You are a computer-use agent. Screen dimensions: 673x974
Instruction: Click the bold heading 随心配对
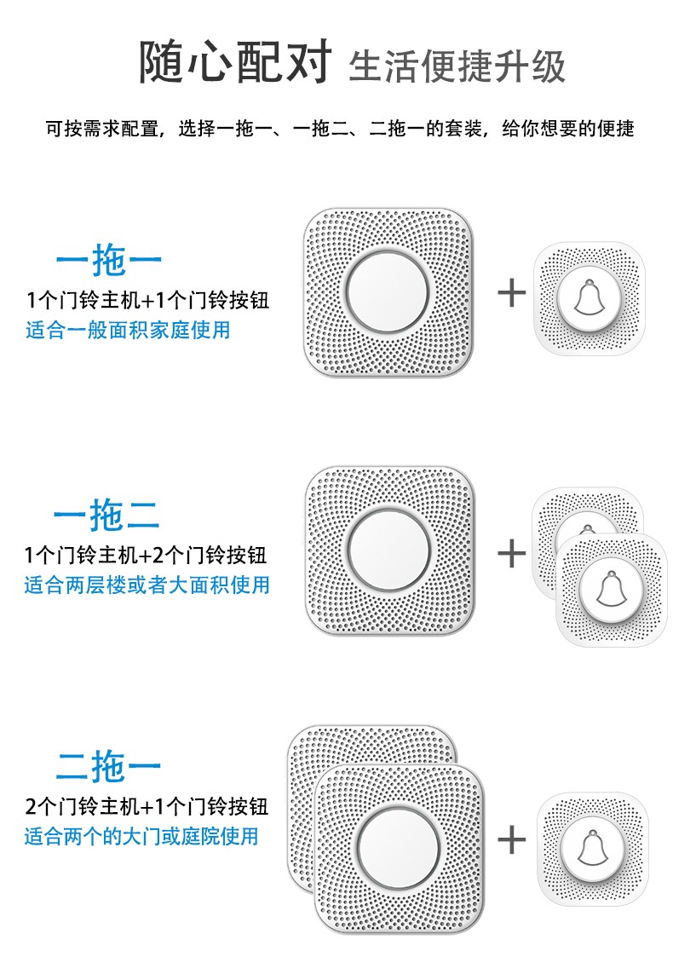click(x=234, y=61)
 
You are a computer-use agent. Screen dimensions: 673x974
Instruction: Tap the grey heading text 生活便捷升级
click(x=457, y=66)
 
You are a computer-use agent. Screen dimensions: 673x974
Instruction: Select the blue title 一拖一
click(x=109, y=259)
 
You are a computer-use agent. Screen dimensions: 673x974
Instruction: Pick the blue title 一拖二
click(x=106, y=515)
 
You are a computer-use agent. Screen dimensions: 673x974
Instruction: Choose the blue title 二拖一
click(x=109, y=766)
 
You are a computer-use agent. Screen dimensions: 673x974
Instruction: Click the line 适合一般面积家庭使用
click(x=128, y=330)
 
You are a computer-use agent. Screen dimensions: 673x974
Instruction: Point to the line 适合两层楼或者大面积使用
click(x=147, y=585)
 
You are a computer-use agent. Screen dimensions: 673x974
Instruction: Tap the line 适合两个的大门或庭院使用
click(x=141, y=836)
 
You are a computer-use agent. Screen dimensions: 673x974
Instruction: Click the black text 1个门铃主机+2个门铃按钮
click(x=146, y=555)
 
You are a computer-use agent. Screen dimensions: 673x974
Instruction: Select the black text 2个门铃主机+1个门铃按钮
click(x=147, y=806)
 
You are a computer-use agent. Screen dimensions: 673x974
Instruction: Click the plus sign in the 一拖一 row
click(x=512, y=292)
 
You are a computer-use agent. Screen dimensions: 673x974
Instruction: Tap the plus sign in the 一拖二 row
click(x=512, y=553)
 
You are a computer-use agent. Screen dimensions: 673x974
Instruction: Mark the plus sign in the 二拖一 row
click(x=512, y=840)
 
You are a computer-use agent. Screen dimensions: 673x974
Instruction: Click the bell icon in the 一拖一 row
click(x=589, y=299)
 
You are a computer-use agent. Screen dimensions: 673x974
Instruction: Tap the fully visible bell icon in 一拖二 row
click(x=612, y=589)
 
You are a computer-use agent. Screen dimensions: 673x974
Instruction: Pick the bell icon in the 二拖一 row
click(x=593, y=847)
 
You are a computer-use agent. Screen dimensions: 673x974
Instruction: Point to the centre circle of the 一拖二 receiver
click(x=389, y=550)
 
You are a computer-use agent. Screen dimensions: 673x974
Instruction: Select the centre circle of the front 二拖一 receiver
click(x=399, y=847)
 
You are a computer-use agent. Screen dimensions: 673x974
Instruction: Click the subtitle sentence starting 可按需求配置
click(x=340, y=129)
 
